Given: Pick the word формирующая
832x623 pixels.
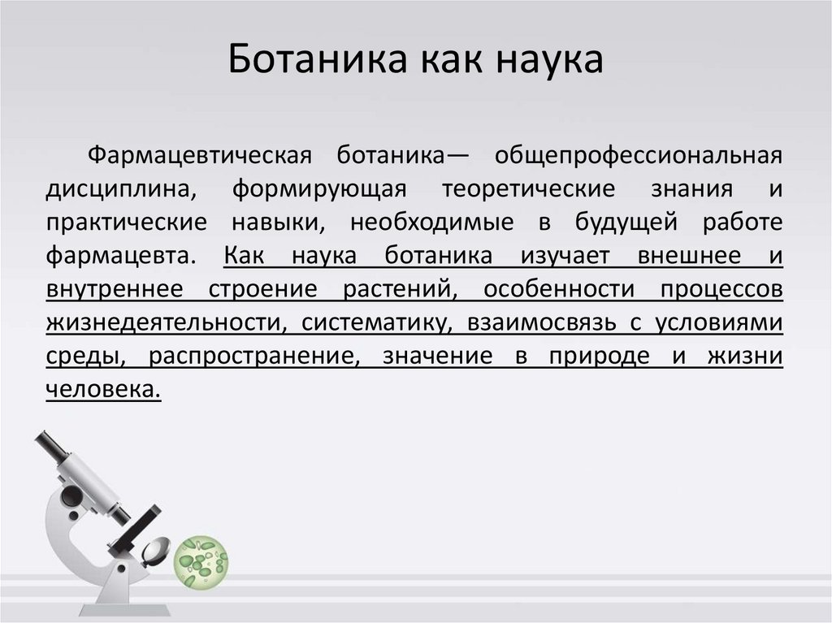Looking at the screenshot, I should tap(318, 188).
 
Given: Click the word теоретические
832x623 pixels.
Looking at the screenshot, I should tap(528, 188).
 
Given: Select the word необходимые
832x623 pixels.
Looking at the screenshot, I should tap(434, 223).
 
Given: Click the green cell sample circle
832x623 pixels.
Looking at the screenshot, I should tap(201, 561).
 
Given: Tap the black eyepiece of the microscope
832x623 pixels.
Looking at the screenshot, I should tap(50, 446).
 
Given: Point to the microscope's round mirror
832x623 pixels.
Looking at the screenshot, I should tap(154, 553).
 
